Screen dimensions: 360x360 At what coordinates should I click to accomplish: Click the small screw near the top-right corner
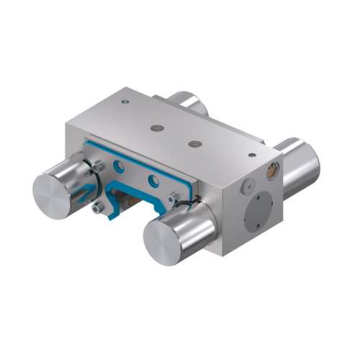(x=251, y=154)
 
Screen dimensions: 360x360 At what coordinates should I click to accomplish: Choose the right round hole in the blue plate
(x=152, y=179)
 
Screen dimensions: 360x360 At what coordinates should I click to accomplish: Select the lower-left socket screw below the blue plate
(x=96, y=209)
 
